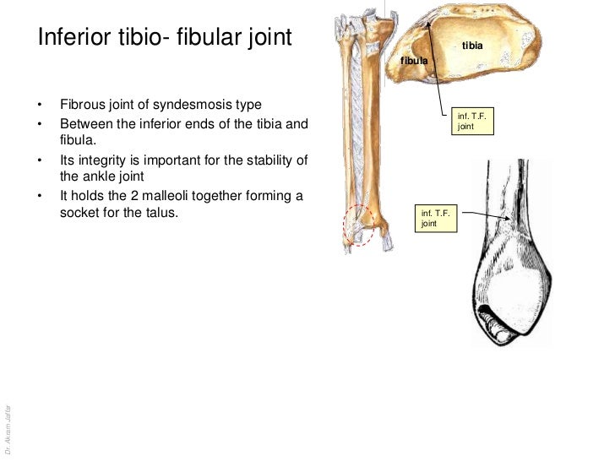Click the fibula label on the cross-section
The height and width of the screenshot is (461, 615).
click(x=414, y=62)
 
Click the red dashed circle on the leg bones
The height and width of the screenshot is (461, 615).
click(x=362, y=226)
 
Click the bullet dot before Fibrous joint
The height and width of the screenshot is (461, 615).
click(x=39, y=106)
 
